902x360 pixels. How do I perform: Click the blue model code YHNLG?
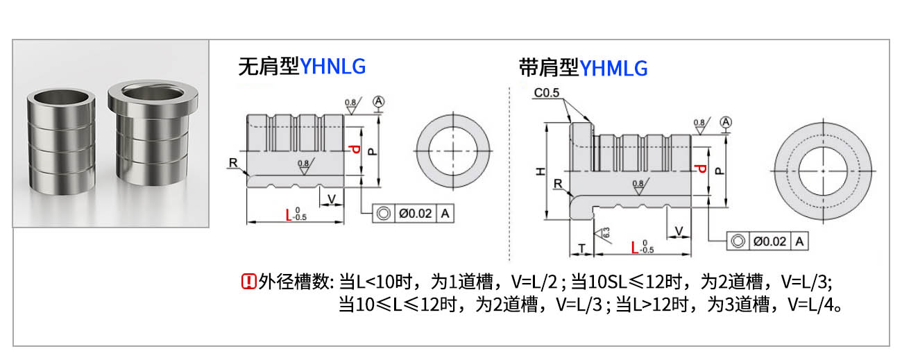[x=332, y=67]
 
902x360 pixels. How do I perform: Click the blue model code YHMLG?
[x=613, y=68]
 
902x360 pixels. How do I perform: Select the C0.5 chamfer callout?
[x=547, y=92]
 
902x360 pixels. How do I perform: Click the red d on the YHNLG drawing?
[x=355, y=150]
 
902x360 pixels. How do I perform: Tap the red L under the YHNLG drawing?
[x=289, y=215]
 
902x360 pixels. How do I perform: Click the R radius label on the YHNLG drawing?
[x=232, y=162]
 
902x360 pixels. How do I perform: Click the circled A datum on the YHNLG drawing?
[x=378, y=101]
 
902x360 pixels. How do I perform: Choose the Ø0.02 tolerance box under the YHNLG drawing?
[x=415, y=214]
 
